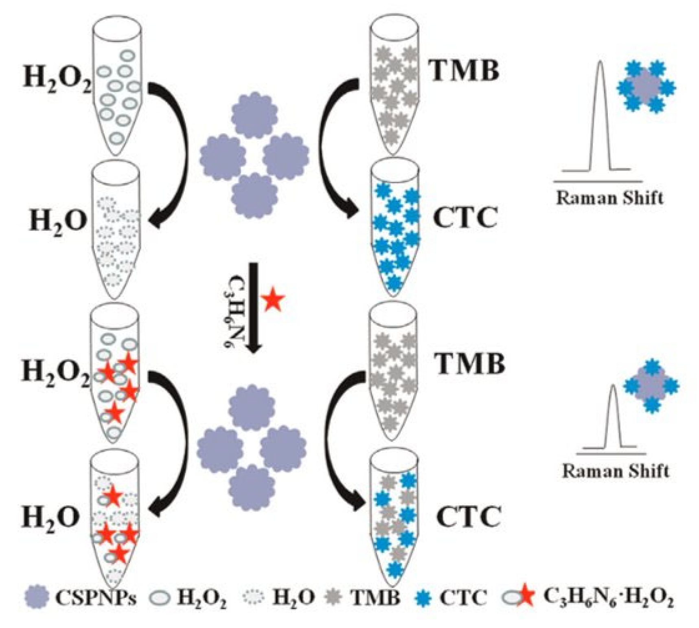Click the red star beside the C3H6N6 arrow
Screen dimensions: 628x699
click(273, 300)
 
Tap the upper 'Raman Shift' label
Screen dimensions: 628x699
click(609, 198)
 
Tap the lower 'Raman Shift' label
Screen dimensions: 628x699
click(616, 471)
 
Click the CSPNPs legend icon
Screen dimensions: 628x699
click(37, 597)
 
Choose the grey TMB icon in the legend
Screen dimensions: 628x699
click(334, 597)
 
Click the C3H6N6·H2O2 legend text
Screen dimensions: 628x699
click(608, 597)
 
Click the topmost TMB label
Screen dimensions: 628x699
click(465, 70)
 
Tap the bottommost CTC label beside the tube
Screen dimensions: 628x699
click(468, 517)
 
